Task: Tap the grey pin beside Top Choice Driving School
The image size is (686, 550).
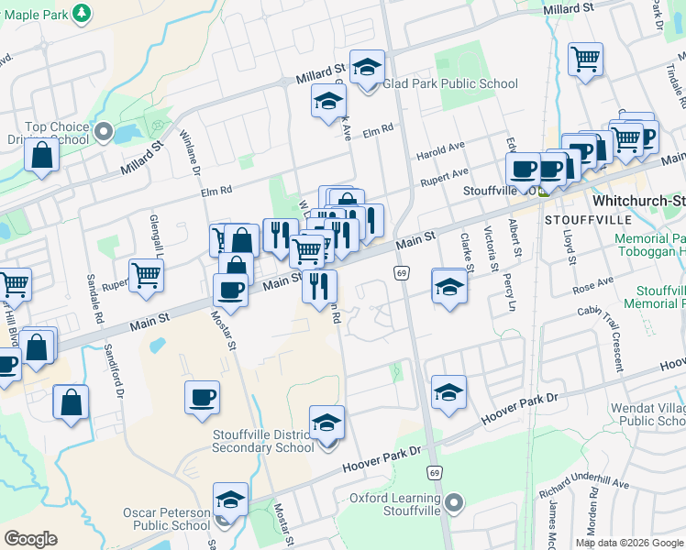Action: point(103,133)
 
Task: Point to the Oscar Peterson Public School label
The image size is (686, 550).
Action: point(166,519)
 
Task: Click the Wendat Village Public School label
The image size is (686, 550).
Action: point(647,413)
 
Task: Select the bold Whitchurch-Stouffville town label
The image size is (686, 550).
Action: point(638,200)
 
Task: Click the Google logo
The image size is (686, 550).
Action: point(30,539)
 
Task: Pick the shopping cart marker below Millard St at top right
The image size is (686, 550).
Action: point(585,60)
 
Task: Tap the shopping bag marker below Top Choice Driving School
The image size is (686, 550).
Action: point(42,155)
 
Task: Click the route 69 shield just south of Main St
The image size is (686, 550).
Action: point(402,272)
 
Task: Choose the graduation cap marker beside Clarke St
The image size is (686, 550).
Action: point(449,287)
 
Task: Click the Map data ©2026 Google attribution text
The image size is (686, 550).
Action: point(628,543)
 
